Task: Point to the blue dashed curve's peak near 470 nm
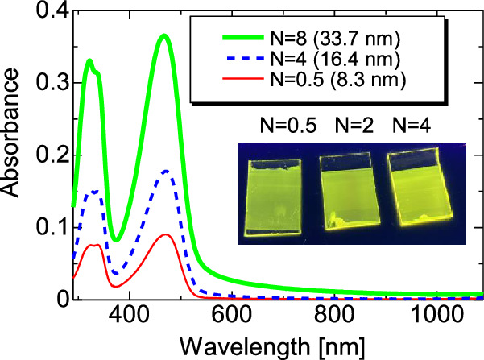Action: (166, 171)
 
